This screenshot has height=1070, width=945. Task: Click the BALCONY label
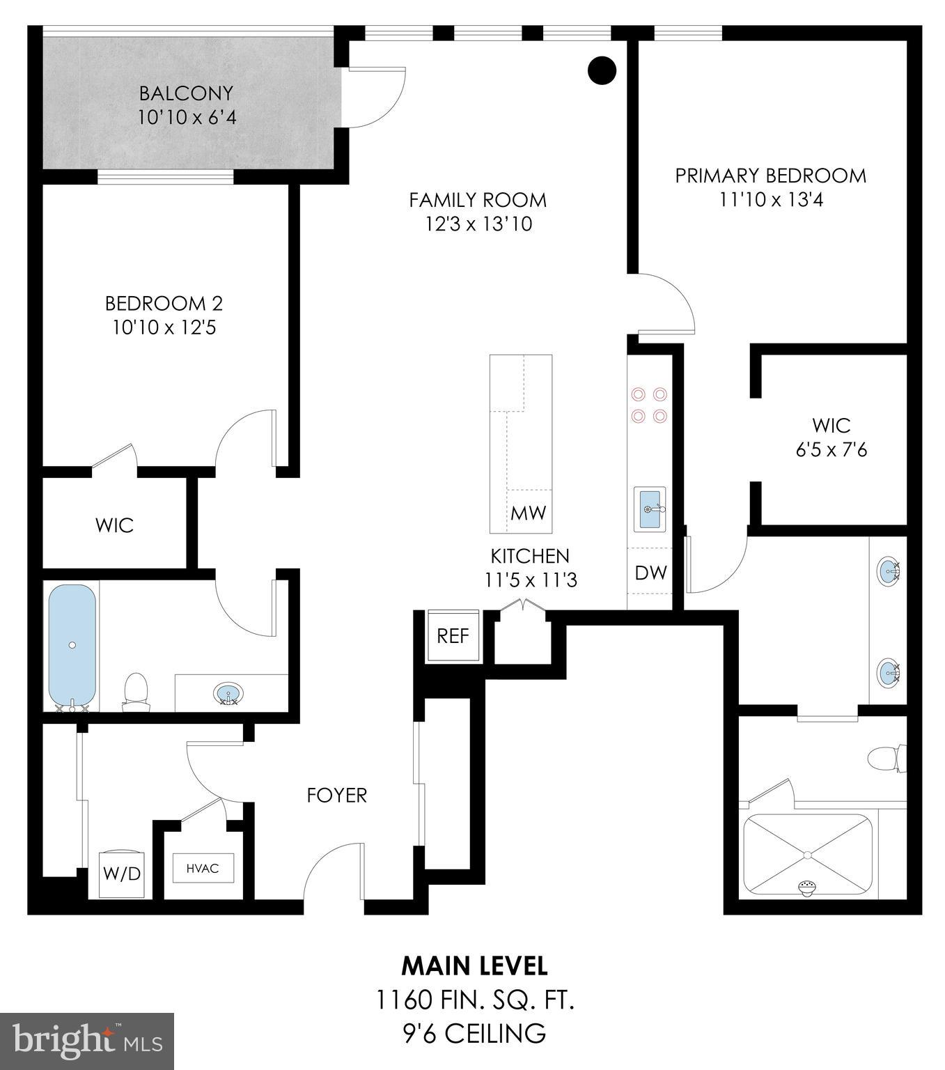point(186,93)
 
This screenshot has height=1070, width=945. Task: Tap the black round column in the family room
point(602,70)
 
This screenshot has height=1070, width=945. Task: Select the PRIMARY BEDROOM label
point(771,176)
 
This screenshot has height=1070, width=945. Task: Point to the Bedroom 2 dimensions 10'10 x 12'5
point(164,327)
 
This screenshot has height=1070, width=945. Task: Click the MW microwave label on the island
point(529,513)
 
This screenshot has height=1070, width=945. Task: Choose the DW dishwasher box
point(650,573)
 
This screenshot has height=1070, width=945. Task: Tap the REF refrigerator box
point(453,635)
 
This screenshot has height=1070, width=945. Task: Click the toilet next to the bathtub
point(136,692)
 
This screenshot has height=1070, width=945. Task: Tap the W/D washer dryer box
point(122,873)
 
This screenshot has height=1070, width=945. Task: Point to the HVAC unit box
point(203,868)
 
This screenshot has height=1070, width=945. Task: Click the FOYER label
point(337,795)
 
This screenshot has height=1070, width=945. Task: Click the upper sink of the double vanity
point(889,569)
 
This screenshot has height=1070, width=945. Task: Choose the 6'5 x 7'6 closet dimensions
point(831,450)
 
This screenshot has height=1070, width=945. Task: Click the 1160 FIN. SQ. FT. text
point(475,1000)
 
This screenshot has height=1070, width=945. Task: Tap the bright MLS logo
point(87,1041)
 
